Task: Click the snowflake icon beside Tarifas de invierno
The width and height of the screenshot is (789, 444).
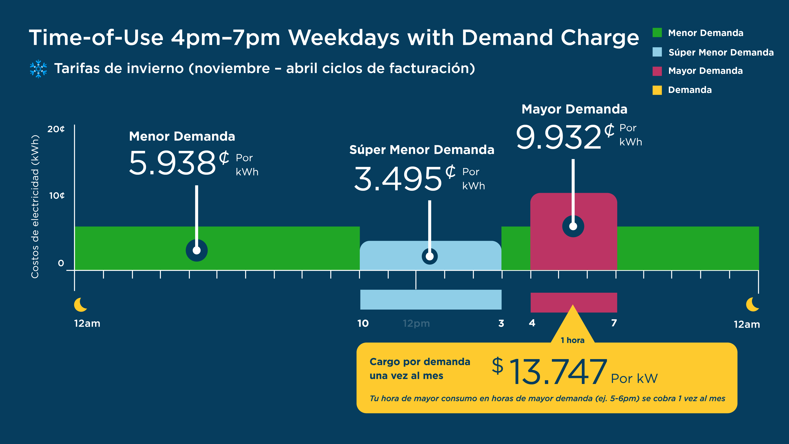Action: point(38,69)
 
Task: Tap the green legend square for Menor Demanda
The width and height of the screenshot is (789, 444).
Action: point(657,32)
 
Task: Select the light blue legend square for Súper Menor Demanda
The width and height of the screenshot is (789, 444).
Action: point(657,52)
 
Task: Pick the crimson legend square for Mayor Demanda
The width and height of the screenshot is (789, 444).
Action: point(657,71)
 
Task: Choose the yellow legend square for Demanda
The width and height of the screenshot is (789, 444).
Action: point(657,90)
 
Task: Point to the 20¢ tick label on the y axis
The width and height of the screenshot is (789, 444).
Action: point(56,129)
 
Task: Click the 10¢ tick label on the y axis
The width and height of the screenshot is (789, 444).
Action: point(57,195)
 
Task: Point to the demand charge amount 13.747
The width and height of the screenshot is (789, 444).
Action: point(557,372)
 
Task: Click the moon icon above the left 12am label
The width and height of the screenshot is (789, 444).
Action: point(81,305)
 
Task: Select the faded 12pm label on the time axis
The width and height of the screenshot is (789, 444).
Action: point(416,323)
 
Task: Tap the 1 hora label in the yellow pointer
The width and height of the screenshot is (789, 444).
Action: point(572,340)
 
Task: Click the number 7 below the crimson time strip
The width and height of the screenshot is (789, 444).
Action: point(614,323)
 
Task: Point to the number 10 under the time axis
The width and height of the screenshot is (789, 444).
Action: point(363,323)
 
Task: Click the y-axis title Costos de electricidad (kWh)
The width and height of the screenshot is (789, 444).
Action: point(35,207)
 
